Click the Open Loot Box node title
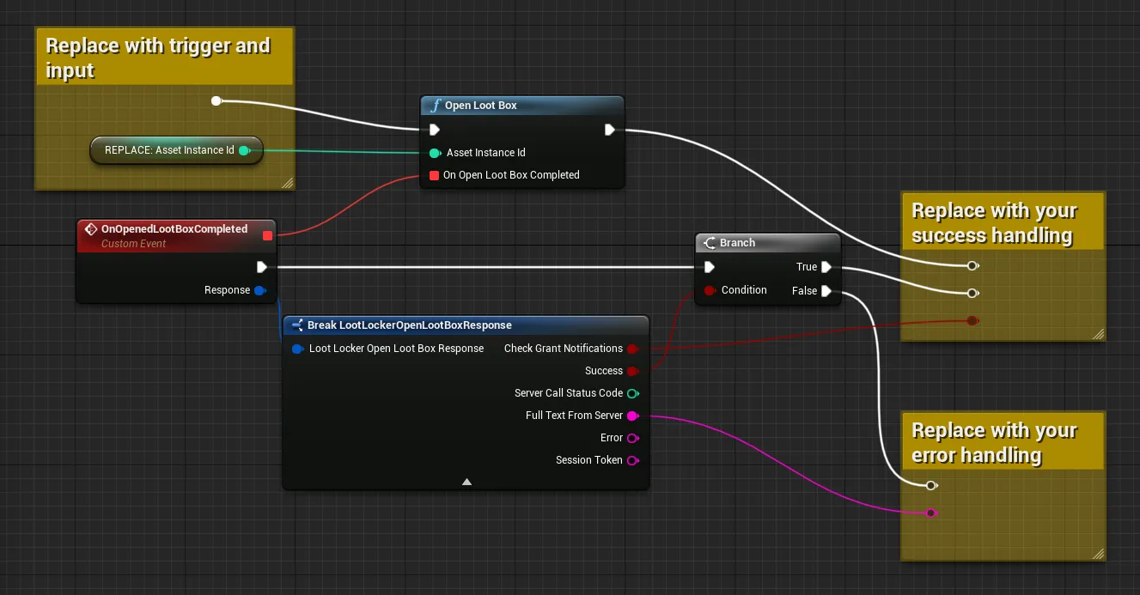tap(480, 106)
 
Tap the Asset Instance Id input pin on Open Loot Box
tap(435, 153)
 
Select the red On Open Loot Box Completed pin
tap(434, 175)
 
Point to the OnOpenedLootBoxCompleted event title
tap(174, 229)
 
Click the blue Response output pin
tap(260, 290)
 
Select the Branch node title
tap(737, 243)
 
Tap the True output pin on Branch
tap(826, 267)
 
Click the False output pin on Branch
tap(826, 291)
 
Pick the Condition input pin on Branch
tap(710, 290)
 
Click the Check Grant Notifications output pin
tap(632, 349)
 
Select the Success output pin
tap(632, 371)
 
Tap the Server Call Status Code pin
tap(633, 393)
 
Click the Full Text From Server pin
tap(633, 416)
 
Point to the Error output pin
tap(633, 439)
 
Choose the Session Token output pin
tap(633, 461)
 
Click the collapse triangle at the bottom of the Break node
tap(466, 482)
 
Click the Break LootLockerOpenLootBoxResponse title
tap(409, 325)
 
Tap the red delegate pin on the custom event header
tap(267, 235)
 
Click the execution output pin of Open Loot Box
tap(609, 131)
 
